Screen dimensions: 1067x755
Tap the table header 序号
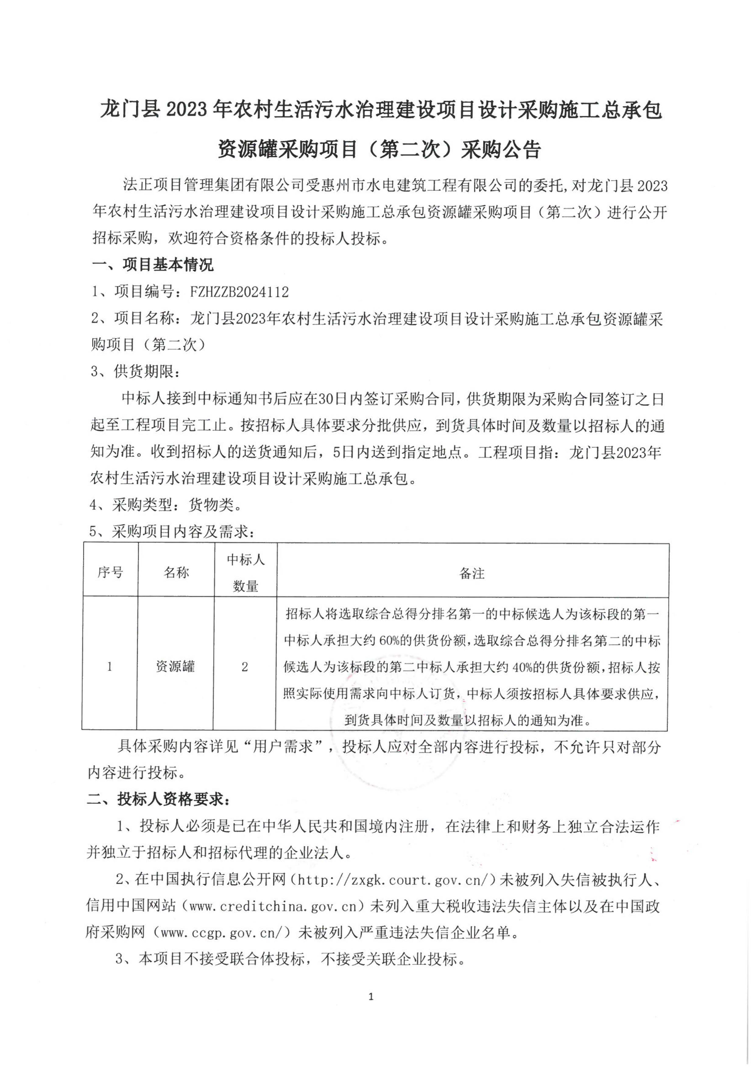[x=110, y=572]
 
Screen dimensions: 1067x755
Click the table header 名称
[x=176, y=572]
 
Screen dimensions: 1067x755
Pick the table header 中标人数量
[x=245, y=572]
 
